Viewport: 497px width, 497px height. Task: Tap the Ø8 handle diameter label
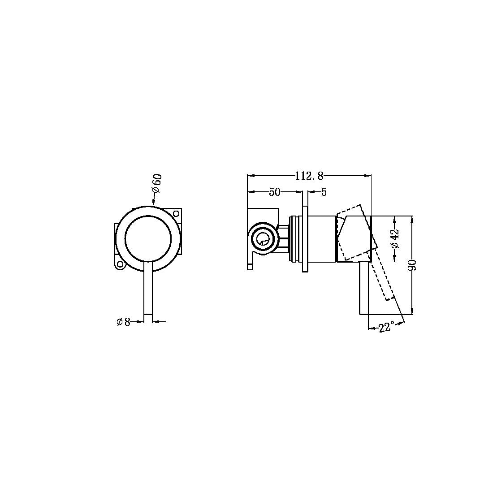123,322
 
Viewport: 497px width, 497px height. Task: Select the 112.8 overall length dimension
309,176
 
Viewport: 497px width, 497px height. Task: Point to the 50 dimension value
274,192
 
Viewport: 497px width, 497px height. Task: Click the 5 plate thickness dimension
324,192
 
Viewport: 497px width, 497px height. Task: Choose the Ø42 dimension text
395,238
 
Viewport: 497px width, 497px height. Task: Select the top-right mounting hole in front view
176,213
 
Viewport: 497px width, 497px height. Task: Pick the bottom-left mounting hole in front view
120,264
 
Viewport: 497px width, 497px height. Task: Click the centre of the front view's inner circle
148,238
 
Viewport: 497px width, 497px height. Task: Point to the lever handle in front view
148,291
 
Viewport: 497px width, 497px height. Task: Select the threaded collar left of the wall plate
294,238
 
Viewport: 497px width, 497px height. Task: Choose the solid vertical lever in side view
363,289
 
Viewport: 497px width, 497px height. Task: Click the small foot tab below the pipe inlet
250,265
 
